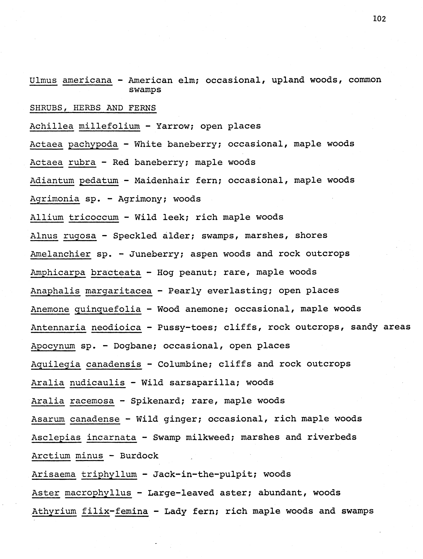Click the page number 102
tap(379, 19)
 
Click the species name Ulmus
tap(43, 80)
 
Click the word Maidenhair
tap(162, 180)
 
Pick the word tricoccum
tap(94, 217)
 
